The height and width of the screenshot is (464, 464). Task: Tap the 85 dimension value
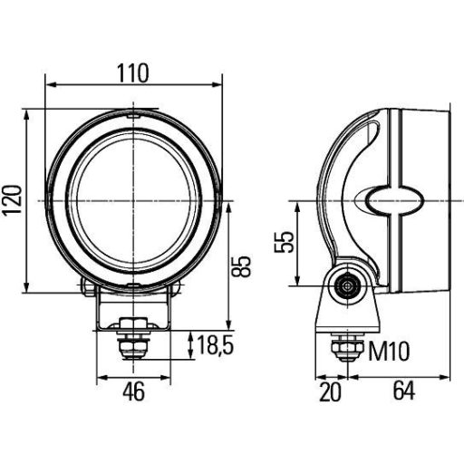(240, 265)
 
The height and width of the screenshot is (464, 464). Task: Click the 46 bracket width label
(133, 391)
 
